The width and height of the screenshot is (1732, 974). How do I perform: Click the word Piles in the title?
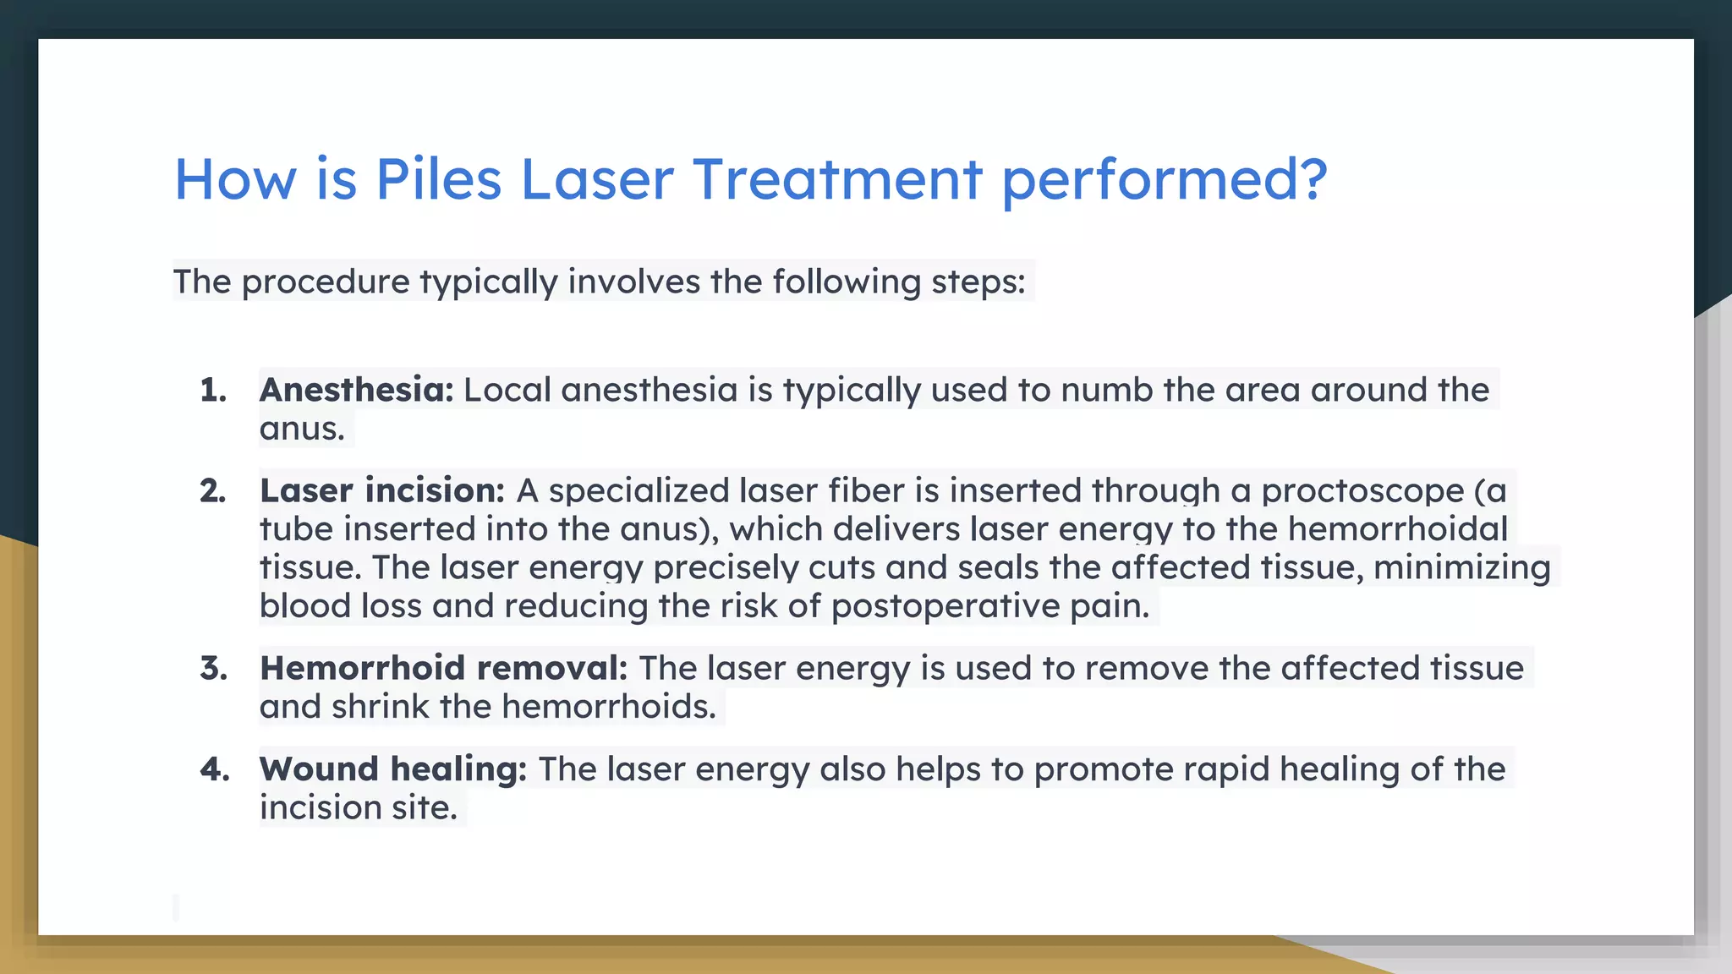(x=438, y=179)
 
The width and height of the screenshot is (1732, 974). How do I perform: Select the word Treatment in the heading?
(x=837, y=179)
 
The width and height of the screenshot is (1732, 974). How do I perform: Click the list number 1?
(x=213, y=391)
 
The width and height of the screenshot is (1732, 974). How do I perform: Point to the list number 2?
(x=213, y=491)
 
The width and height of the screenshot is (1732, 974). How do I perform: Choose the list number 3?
(x=213, y=669)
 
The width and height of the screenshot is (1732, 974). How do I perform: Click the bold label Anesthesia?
(x=356, y=391)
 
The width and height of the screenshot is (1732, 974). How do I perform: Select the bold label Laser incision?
(x=381, y=491)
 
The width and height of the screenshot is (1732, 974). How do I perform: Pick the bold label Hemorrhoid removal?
(x=443, y=669)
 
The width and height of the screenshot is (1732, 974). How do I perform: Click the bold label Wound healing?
(x=392, y=769)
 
